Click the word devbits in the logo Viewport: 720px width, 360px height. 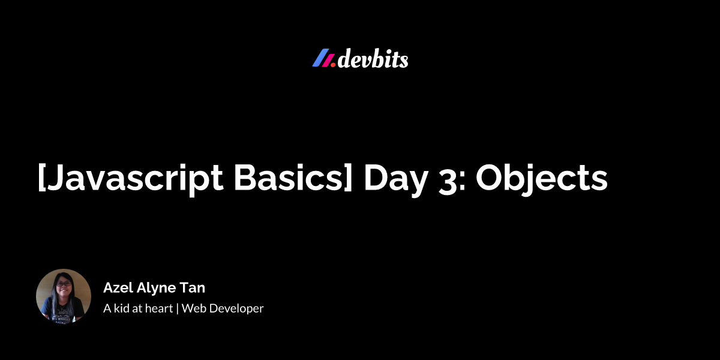pyautogui.click(x=373, y=59)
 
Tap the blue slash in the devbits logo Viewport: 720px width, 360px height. pyautogui.click(x=321, y=58)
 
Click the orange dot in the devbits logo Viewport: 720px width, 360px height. pyautogui.click(x=333, y=65)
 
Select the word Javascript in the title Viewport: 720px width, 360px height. pyautogui.click(x=133, y=179)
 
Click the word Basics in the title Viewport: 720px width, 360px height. pyautogui.click(x=289, y=178)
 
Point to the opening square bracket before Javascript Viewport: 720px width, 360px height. pyautogui.click(x=41, y=178)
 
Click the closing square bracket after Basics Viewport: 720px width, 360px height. pyautogui.click(x=349, y=178)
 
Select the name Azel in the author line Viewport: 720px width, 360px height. pyautogui.click(x=118, y=287)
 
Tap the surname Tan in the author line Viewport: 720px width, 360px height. pyautogui.click(x=192, y=287)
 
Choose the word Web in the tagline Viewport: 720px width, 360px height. pyautogui.click(x=193, y=308)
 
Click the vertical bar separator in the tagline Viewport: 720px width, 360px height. pyautogui.click(x=177, y=308)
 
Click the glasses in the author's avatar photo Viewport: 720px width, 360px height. pyautogui.click(x=64, y=284)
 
